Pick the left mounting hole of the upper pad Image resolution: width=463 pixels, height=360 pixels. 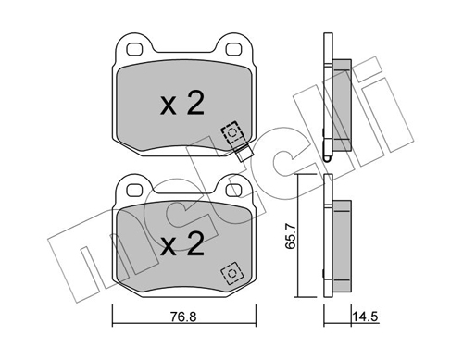133,48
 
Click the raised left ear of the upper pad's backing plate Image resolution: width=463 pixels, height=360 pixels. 130,46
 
